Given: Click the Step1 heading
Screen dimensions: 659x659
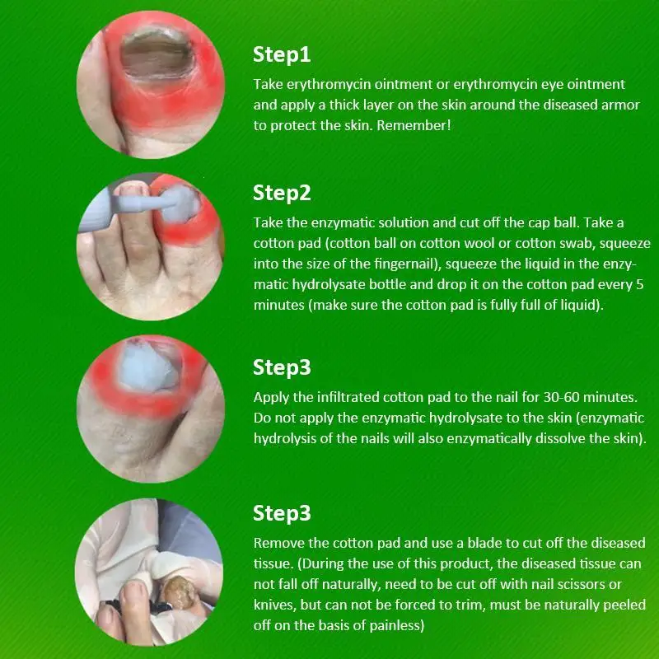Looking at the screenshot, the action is [282, 55].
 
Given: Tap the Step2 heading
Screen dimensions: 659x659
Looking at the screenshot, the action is [282, 194].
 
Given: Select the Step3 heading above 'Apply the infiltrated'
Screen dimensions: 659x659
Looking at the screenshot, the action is [282, 367].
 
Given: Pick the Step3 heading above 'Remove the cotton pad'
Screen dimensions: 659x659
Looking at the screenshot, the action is [282, 513].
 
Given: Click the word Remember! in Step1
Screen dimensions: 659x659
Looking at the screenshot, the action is [414, 125].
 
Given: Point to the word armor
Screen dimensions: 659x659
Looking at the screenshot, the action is [620, 105].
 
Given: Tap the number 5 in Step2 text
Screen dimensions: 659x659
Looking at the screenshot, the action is [639, 284].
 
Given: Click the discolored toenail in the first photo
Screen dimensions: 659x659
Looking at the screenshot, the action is [157, 54].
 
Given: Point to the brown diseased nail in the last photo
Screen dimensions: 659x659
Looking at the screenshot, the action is [179, 591].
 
